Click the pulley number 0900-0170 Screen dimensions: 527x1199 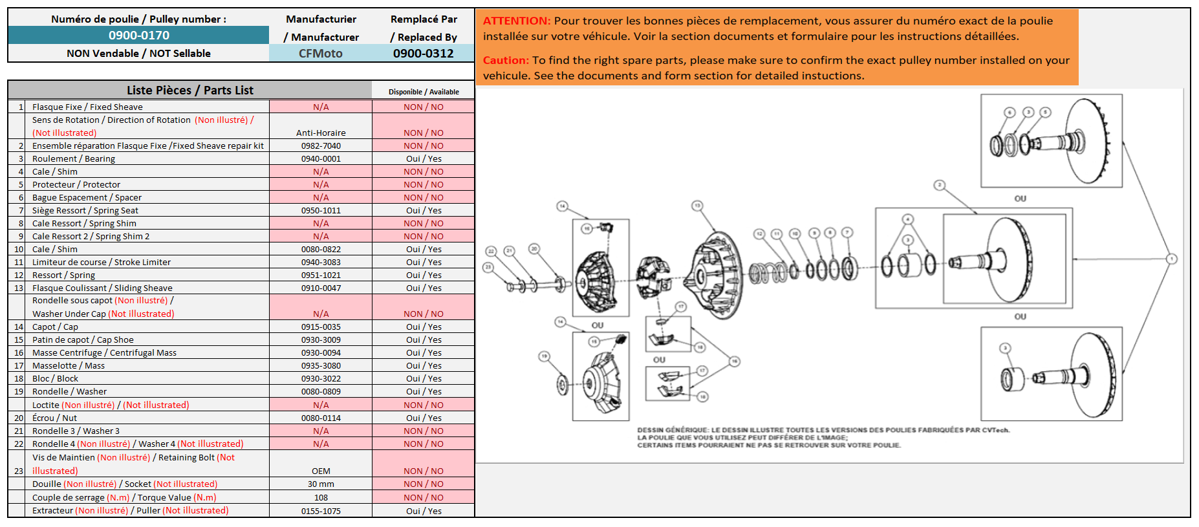click(x=138, y=36)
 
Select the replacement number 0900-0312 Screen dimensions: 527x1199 click(x=423, y=54)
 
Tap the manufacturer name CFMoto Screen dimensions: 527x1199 click(x=320, y=54)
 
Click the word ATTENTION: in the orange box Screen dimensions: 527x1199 click(x=517, y=21)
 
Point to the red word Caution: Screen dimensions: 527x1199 click(x=506, y=60)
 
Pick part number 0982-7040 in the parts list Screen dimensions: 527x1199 click(x=321, y=146)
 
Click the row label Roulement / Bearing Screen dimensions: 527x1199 click(x=74, y=159)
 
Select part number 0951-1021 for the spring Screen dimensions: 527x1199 click(x=321, y=275)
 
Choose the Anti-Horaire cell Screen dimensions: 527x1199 click(x=321, y=133)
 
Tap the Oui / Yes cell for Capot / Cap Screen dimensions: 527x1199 click(x=424, y=327)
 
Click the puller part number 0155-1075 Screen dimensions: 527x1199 click(x=321, y=511)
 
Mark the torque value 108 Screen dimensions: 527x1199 click(x=321, y=498)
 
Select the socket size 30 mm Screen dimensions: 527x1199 click(x=321, y=484)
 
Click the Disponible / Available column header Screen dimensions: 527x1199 click(x=424, y=92)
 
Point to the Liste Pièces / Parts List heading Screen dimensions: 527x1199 click(x=190, y=91)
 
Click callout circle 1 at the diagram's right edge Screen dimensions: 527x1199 click(x=1171, y=259)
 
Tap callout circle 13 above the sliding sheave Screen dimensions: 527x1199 click(x=697, y=206)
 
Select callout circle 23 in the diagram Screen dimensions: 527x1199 click(x=488, y=266)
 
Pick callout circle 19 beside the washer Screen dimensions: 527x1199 click(x=545, y=356)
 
